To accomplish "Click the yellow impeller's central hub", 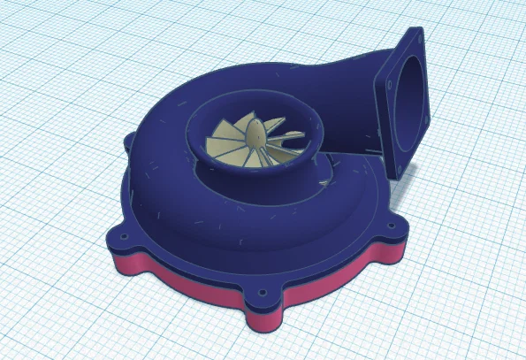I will [x=253, y=139].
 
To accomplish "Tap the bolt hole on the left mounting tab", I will [x=121, y=237].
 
